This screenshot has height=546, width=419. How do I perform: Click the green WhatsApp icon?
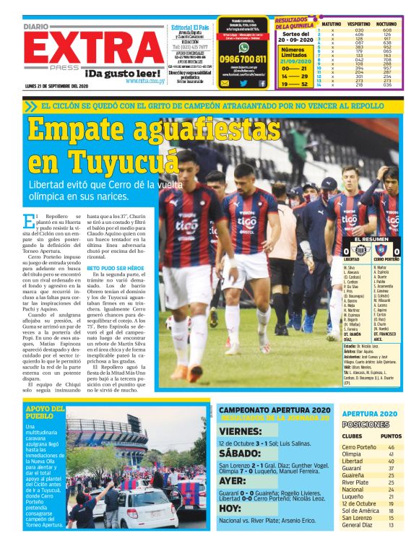click(x=243, y=47)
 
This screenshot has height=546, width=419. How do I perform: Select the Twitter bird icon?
click(x=243, y=83)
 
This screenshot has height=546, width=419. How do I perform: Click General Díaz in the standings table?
click(x=358, y=525)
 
